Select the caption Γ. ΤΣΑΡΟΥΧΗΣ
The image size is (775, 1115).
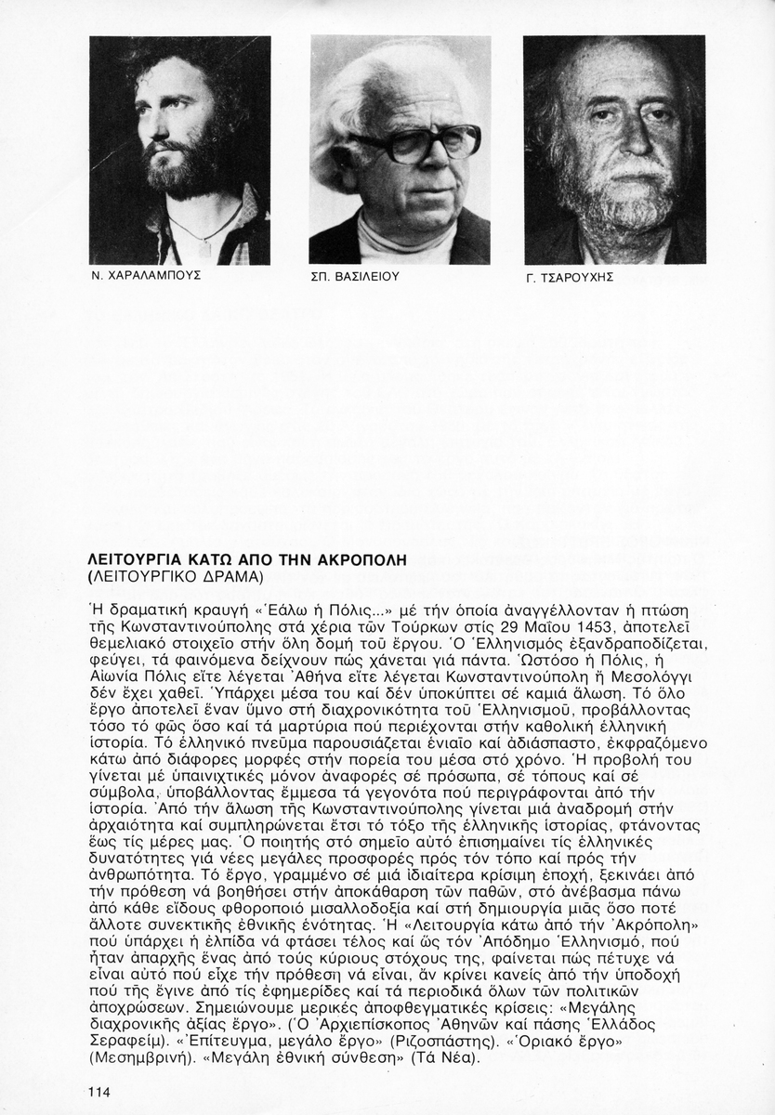[570, 277]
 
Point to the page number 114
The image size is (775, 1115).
[99, 1092]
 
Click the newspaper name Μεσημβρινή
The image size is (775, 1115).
[131, 1058]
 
